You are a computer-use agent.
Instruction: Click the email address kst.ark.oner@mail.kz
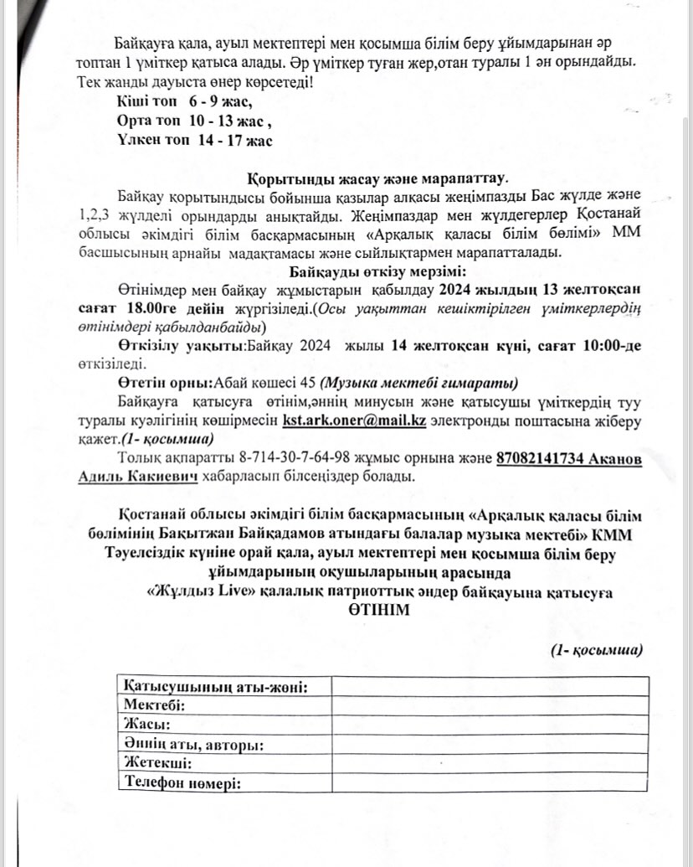click(x=355, y=421)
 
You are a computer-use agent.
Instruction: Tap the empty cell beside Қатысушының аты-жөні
click(x=488, y=686)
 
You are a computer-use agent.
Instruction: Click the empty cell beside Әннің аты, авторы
click(x=488, y=745)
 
